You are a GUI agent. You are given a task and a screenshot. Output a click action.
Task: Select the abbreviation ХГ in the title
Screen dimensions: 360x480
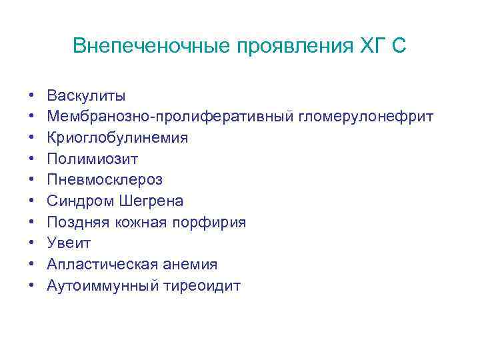tap(374, 46)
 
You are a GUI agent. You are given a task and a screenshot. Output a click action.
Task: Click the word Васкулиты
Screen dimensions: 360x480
tap(86, 96)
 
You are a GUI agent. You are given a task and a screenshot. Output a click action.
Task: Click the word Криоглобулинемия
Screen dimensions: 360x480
tap(117, 138)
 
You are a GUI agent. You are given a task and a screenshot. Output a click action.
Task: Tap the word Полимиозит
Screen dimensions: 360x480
tap(93, 159)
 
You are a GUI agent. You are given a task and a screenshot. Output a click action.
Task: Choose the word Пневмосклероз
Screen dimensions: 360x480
tap(105, 180)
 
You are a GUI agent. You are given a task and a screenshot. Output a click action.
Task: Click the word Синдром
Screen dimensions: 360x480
tap(78, 201)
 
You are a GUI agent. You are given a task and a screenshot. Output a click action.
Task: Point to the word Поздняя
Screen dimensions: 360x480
tap(78, 223)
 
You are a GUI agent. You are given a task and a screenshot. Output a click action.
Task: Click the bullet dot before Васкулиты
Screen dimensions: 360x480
tap(31, 97)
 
